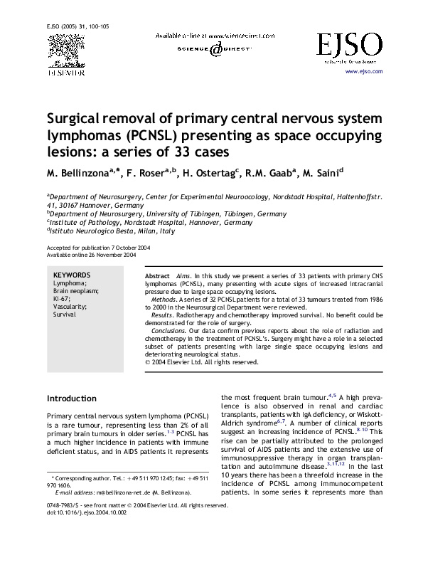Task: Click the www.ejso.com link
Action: pos(364,72)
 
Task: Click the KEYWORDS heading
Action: pos(72,275)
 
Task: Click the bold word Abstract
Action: pos(157,275)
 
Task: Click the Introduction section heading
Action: pos(76,398)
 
